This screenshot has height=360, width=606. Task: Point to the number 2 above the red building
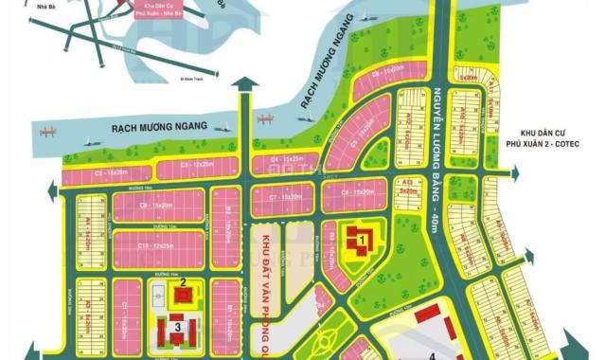[x=180, y=281]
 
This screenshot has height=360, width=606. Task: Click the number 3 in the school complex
[x=177, y=328]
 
